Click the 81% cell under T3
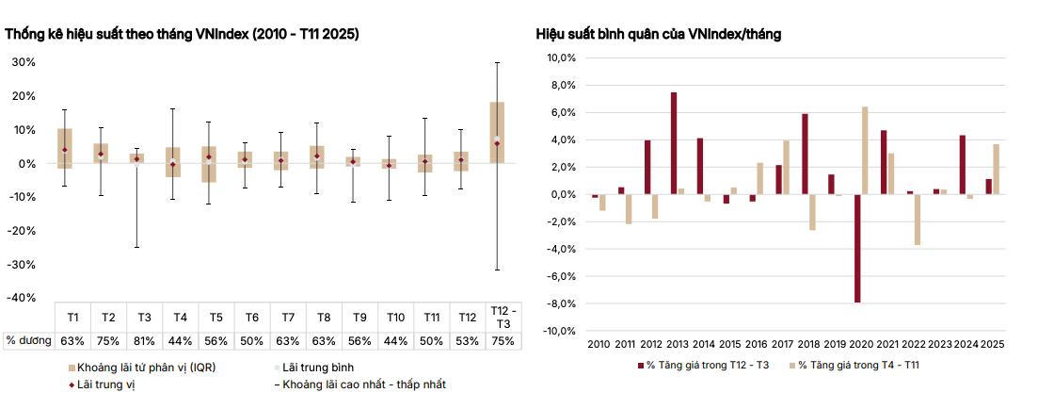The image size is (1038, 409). pos(144,341)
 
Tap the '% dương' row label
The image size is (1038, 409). pos(26,341)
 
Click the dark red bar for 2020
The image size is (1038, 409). pos(857,249)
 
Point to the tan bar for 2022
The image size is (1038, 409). pos(917,220)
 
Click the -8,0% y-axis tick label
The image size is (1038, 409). pos(562,304)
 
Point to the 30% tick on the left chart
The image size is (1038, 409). pos(24,62)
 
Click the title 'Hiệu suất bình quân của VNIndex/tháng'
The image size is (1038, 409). pos(658,34)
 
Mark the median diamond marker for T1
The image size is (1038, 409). pos(64,150)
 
